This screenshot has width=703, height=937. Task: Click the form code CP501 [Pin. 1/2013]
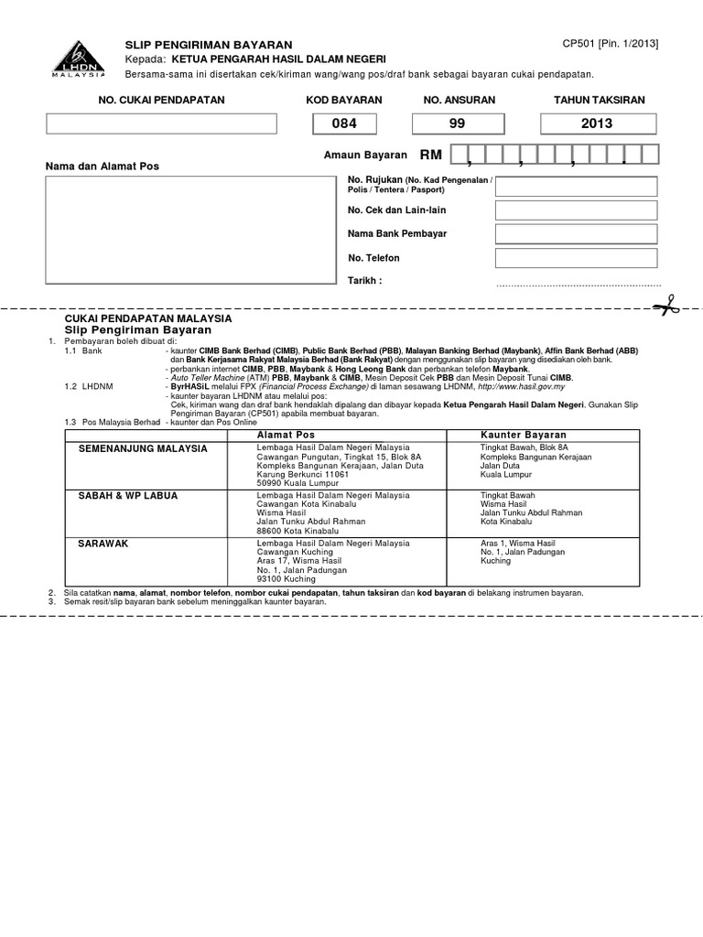click(x=610, y=44)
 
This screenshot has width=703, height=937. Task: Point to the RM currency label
click(x=430, y=156)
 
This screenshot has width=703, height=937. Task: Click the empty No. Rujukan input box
click(x=576, y=188)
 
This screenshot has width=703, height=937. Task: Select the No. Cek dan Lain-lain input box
click(x=576, y=211)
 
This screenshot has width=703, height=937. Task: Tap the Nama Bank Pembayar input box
click(x=576, y=234)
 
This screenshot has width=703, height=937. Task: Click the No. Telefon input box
click(x=576, y=258)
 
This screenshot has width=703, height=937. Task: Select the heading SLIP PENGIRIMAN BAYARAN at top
click(x=208, y=45)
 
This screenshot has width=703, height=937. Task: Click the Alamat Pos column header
click(x=286, y=435)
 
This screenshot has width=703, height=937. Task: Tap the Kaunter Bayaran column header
click(x=524, y=435)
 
